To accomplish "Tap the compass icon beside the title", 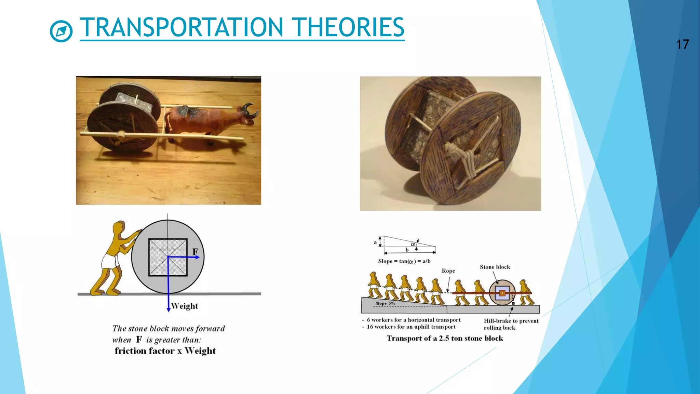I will click(61, 31).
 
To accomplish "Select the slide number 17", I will click(682, 44).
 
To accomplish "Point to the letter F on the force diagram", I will click(195, 252).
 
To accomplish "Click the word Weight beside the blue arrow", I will click(185, 306).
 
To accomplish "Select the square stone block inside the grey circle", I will click(168, 257).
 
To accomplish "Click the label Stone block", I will click(495, 267).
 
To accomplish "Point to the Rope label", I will click(448, 271).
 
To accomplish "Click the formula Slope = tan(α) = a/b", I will click(404, 261).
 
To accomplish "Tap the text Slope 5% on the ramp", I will click(385, 303).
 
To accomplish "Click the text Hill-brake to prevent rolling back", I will click(511, 324).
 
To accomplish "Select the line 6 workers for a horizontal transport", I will click(413, 320).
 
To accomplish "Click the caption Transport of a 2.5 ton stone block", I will click(445, 338).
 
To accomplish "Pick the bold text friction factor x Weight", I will click(165, 351).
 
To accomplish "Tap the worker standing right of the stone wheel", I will click(525, 292).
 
